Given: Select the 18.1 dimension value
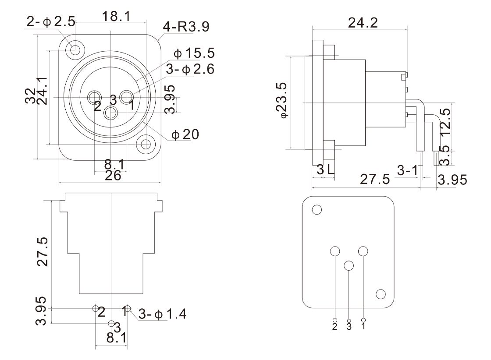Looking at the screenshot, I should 116,17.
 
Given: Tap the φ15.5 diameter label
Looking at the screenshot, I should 194,54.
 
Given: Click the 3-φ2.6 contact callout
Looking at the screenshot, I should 190,70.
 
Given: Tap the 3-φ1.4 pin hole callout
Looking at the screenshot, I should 162,314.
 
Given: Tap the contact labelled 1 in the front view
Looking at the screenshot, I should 127,96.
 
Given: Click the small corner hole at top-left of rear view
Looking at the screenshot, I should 317,210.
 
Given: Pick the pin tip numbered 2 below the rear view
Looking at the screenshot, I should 335,320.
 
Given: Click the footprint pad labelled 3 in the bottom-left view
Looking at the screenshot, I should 111,323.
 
